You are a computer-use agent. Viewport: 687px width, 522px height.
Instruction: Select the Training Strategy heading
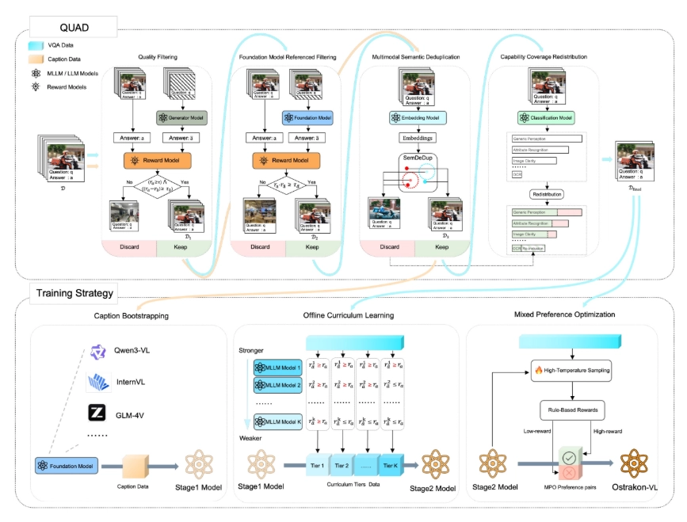click(x=74, y=293)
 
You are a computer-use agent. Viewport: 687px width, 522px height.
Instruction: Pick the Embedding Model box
click(x=418, y=117)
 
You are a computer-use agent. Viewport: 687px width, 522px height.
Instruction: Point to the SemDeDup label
click(x=418, y=158)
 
